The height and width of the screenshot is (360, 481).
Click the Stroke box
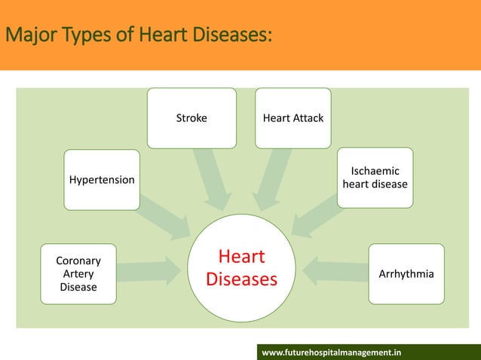coord(191,118)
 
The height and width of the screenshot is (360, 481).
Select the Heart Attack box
coord(293,118)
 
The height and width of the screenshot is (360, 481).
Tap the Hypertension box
coord(102,180)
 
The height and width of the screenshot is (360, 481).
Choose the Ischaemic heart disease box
coord(375,178)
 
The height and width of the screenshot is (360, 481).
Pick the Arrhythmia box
coord(406,273)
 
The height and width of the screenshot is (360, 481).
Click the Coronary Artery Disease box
coord(78,273)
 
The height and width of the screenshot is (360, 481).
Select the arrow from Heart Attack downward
coord(272,178)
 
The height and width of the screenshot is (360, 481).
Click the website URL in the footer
coord(331,352)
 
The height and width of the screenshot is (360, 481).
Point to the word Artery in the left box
coord(78,274)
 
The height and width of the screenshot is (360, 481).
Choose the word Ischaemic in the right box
coord(375,172)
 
